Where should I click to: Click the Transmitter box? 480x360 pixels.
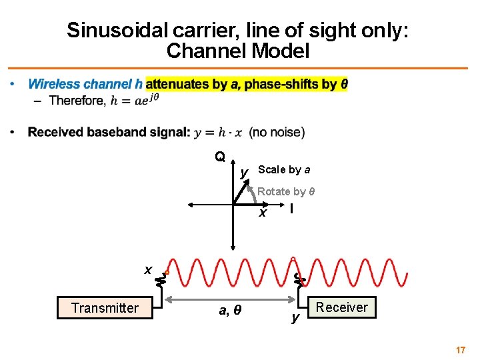105,308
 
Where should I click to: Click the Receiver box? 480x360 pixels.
341,307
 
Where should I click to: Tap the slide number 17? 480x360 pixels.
459,349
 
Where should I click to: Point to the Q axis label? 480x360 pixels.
219,157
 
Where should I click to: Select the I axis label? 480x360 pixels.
291,209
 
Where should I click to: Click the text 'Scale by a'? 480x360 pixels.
283,170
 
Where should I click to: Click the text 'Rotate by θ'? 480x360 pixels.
286,191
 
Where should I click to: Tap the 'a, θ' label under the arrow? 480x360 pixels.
230,310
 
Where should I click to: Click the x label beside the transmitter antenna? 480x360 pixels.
148,269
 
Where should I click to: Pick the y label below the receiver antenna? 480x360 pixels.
295,317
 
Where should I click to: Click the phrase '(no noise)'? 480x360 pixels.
277,132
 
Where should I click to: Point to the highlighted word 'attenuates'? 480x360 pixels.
175,84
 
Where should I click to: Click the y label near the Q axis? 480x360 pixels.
244,173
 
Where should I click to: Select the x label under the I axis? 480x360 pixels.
263,213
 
